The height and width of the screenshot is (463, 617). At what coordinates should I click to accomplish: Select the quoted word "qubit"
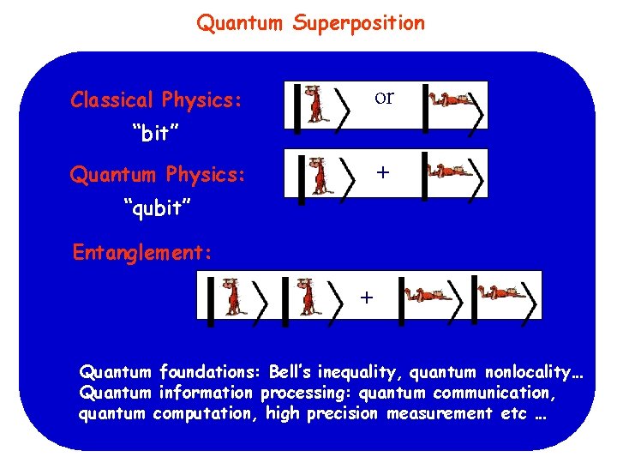158,208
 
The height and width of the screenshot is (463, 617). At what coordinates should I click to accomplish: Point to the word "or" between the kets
384,97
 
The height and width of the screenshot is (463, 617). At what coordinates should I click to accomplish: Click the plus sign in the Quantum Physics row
383,172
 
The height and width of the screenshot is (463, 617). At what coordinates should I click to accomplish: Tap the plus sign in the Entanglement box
367,298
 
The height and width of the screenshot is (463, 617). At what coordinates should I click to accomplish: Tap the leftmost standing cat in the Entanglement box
231,297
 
